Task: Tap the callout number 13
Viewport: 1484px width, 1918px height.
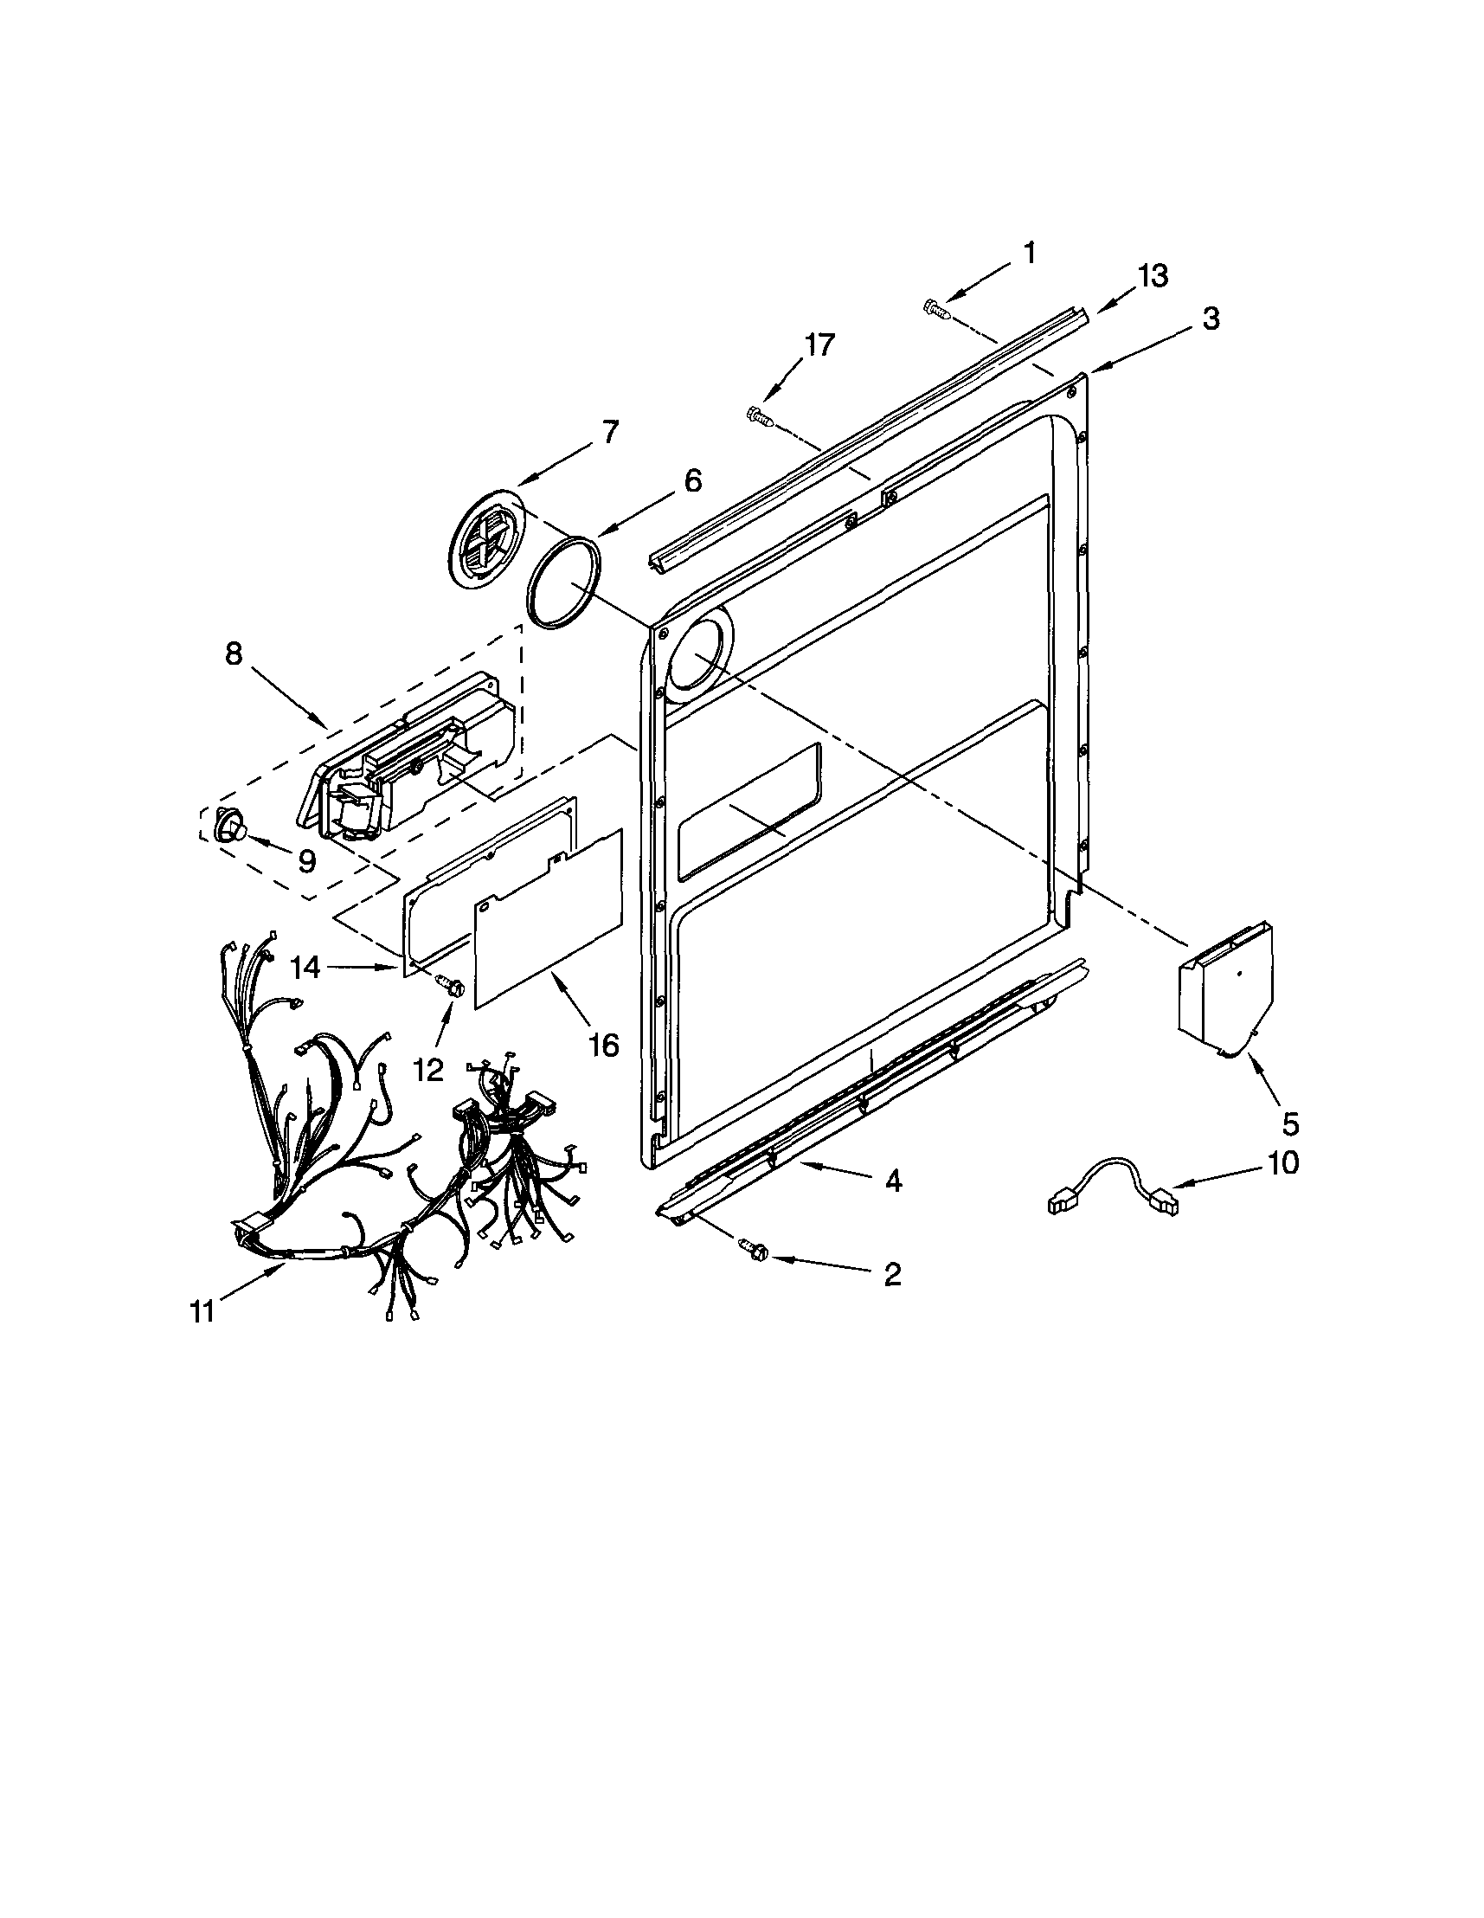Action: tap(1153, 276)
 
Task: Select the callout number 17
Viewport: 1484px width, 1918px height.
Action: tap(817, 345)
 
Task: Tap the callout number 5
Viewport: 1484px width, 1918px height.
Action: tap(1290, 1123)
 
